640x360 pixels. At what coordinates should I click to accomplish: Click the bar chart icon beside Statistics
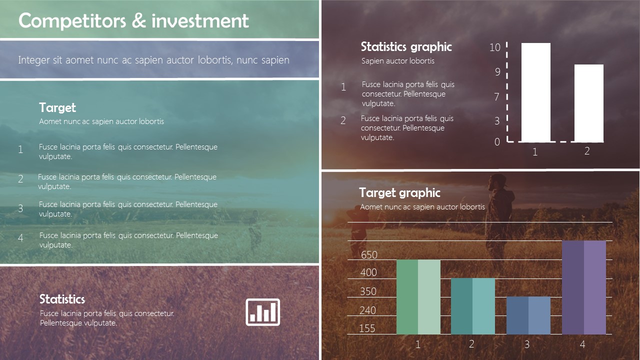[x=263, y=312]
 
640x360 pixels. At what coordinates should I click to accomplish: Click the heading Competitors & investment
[x=133, y=20]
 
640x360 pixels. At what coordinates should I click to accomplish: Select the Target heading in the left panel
[x=57, y=107]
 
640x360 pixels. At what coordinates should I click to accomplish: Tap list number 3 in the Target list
[x=20, y=208]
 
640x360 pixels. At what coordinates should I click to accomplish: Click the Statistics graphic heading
[x=406, y=47]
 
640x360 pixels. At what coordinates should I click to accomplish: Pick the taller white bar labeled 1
[x=535, y=92]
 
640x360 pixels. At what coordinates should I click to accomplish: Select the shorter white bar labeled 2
[x=588, y=103]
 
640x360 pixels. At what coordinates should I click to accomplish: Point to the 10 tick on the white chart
[x=494, y=47]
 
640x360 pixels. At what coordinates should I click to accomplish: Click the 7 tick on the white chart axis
[x=496, y=97]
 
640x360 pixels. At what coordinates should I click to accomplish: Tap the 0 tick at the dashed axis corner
[x=497, y=142]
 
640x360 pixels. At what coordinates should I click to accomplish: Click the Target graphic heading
[x=399, y=192]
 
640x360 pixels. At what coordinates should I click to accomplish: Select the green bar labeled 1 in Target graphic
[x=418, y=296]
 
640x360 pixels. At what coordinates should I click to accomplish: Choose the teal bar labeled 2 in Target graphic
[x=472, y=306]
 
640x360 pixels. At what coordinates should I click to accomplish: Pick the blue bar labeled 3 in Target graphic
[x=528, y=315]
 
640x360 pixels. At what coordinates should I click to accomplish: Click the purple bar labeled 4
[x=583, y=287]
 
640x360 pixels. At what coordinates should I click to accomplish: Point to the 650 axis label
[x=369, y=255]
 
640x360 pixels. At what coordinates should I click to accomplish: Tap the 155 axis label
[x=367, y=328]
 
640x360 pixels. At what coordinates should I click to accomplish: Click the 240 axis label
[x=367, y=310]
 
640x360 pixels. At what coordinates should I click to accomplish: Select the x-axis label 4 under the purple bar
[x=582, y=344]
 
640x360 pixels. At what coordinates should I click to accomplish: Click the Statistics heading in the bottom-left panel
[x=62, y=299]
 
